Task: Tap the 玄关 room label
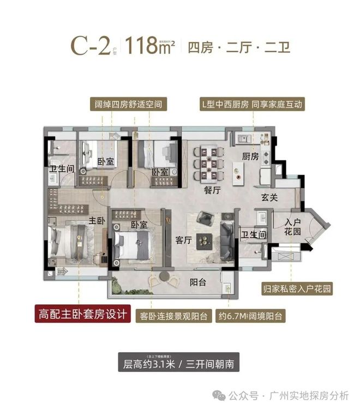click(x=269, y=197)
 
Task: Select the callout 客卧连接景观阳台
click(x=174, y=315)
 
